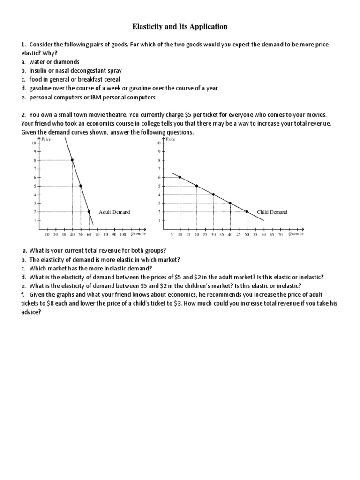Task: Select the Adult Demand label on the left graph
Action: pyautogui.click(x=114, y=212)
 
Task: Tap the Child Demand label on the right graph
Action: pyautogui.click(x=272, y=212)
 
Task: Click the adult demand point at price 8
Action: pyautogui.click(x=72, y=160)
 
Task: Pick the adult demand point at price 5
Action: pyautogui.click(x=81, y=186)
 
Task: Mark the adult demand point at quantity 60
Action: pyautogui.click(x=89, y=211)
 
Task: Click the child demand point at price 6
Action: pyautogui.click(x=180, y=177)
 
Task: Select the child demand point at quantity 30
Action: pyautogui.click(x=214, y=195)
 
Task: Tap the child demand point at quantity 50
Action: pyautogui.click(x=247, y=211)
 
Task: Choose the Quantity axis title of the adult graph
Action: pyautogui.click(x=138, y=234)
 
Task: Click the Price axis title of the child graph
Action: pyautogui.click(x=170, y=139)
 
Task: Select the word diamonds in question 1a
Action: pyautogui.click(x=68, y=62)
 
